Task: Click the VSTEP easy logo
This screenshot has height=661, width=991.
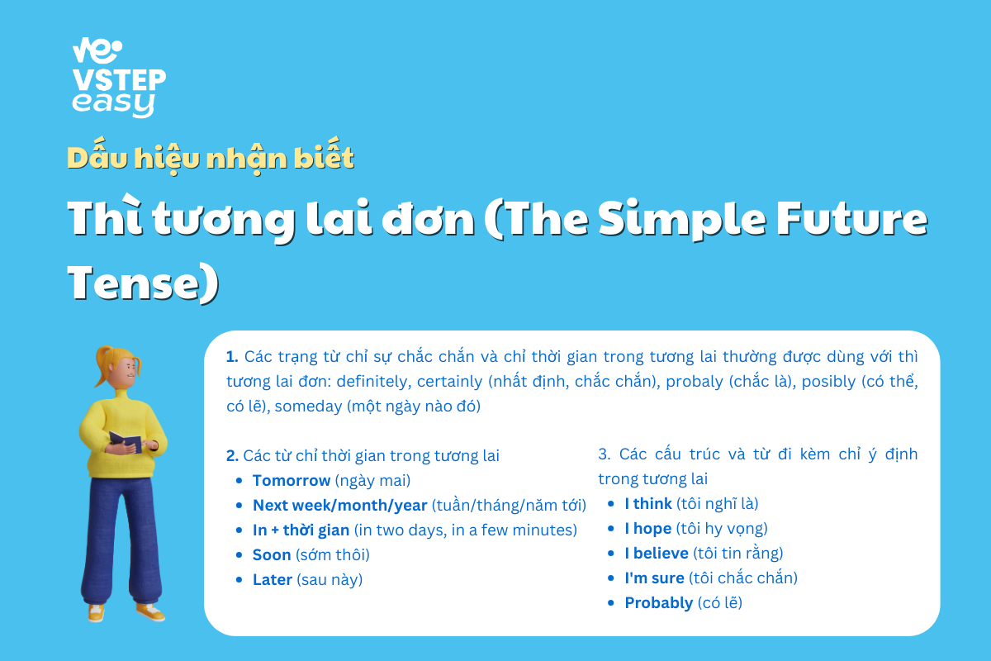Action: [119, 78]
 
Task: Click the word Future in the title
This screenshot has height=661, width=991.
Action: [852, 218]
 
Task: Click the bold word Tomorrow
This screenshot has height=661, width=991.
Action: [291, 480]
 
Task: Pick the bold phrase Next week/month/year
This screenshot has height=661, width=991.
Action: [339, 505]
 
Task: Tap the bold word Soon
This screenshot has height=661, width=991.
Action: [272, 554]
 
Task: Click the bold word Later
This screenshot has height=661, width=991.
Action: [272, 579]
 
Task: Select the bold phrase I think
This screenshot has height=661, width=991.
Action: [648, 503]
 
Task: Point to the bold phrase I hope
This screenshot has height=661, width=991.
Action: [648, 529]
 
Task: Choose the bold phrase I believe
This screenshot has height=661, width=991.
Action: [657, 553]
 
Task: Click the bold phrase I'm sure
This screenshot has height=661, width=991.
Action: [654, 578]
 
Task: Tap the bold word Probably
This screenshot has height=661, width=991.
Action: [659, 603]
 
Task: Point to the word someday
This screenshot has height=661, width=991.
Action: [308, 407]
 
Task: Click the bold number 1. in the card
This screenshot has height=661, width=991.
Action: [232, 356]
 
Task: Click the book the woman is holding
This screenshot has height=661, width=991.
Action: [126, 441]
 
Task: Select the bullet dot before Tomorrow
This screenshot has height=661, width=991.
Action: [239, 481]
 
